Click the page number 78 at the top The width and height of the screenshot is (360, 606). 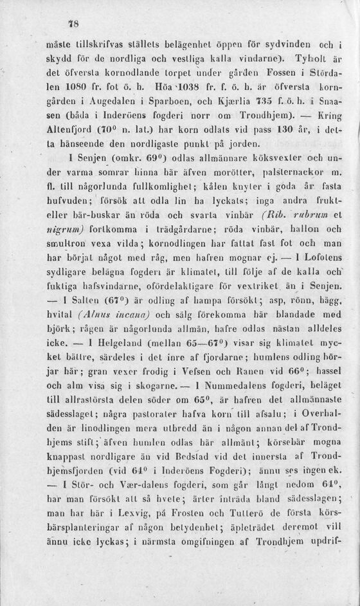pos(73,24)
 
